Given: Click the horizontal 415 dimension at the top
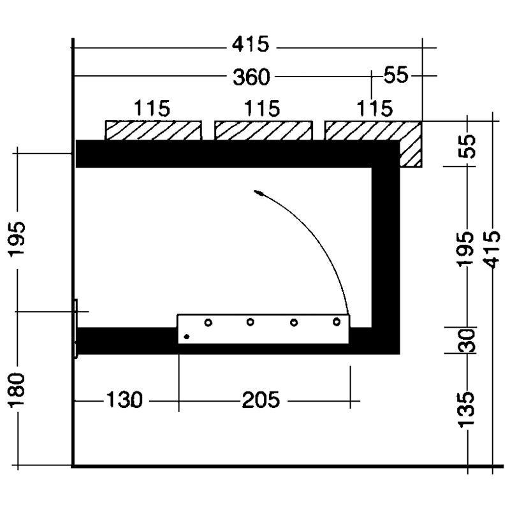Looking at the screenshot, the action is coord(251,44).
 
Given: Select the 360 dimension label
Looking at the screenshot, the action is coord(251,76).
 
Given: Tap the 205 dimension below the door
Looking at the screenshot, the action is coord(261,400).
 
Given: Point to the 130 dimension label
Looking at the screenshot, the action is coord(124,400).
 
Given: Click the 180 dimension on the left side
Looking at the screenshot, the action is coord(17,390).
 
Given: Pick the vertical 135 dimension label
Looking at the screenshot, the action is coord(467,410).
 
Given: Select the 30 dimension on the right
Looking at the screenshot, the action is coord(467,340).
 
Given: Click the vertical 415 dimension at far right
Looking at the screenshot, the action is coord(492,249).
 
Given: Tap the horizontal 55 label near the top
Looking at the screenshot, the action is coord(396,75).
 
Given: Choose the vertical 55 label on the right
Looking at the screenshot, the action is coord(469,146).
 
